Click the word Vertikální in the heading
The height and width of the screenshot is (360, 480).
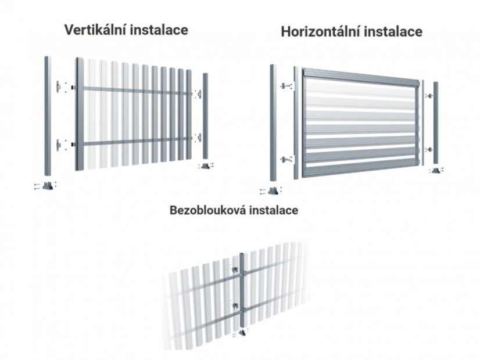point(95,30)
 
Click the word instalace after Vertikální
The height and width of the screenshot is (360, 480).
point(159,30)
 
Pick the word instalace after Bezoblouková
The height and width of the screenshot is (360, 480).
point(273,210)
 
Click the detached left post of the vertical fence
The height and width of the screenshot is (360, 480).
point(48,116)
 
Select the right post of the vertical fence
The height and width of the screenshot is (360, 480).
point(205,116)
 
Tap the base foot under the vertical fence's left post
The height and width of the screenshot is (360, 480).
point(48,186)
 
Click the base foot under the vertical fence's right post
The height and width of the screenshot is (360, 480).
point(205,165)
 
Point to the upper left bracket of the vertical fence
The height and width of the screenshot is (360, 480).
point(58,87)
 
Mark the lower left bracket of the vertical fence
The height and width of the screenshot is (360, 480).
point(58,145)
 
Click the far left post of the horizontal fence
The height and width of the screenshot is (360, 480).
point(273,123)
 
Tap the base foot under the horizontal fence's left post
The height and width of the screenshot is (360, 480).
point(273,191)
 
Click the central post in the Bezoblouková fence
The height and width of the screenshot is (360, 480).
point(242,290)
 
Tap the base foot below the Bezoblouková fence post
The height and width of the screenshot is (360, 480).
point(242,333)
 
